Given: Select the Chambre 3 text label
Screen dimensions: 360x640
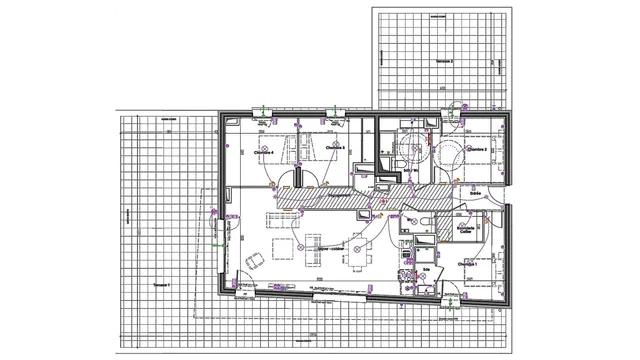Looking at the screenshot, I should click(336, 150).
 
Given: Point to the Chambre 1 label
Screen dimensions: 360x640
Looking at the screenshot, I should click(467, 263).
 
